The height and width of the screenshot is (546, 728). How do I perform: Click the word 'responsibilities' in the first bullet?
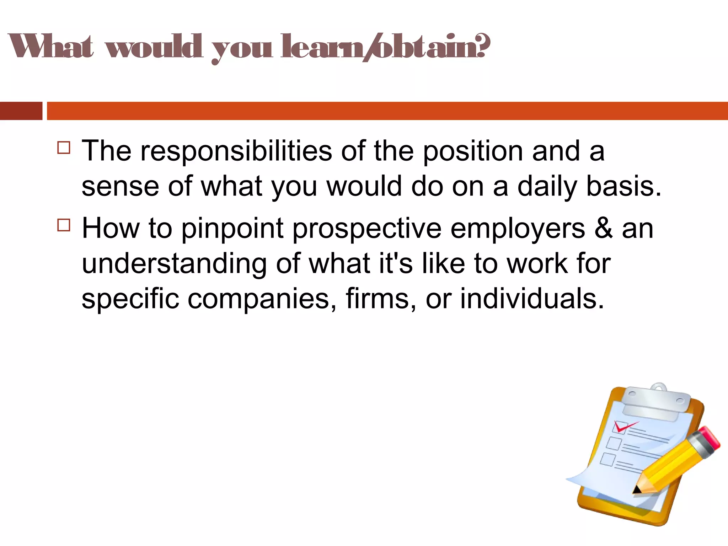tap(236, 151)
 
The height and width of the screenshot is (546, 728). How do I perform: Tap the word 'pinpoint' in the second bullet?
tap(232, 229)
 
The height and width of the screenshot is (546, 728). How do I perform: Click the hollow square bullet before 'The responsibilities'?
tap(64, 147)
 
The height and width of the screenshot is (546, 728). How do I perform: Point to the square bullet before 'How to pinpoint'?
tap(64, 225)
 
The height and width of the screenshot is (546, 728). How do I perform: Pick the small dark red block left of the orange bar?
tap(21, 111)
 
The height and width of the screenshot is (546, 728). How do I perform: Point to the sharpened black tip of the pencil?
tap(636, 490)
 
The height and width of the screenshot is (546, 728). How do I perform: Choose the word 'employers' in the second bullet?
tap(518, 229)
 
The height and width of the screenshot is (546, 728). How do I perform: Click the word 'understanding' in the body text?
tap(174, 264)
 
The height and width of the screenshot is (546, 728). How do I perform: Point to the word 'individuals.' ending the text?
tap(532, 299)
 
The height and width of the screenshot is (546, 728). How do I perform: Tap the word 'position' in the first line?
tap(473, 151)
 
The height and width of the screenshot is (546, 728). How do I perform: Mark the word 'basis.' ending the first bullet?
tap(623, 186)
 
